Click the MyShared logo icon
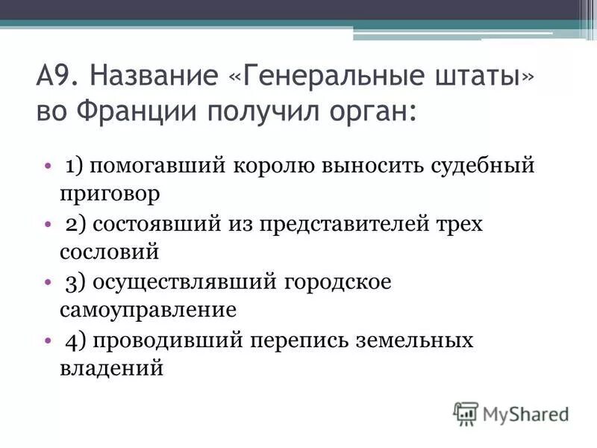click(466, 413)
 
